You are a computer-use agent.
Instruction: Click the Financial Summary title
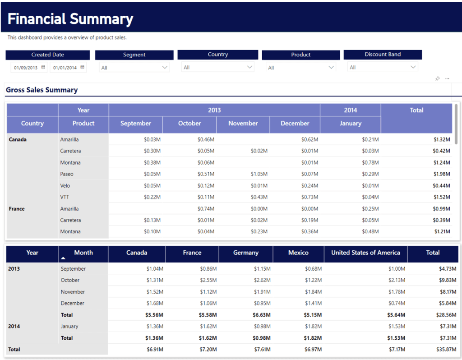point(70,19)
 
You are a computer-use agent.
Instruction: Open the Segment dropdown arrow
point(165,68)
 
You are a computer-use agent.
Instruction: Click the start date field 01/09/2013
point(26,68)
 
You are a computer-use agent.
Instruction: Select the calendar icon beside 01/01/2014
point(82,68)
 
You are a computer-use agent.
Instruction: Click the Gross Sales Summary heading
point(42,90)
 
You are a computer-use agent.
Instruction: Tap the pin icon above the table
point(437,78)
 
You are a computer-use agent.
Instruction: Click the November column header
point(243,123)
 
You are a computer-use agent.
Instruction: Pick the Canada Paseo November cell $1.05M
point(259,174)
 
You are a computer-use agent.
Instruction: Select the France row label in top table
point(17,209)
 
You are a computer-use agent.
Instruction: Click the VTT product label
point(65,197)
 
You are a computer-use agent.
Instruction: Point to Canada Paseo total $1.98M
point(441,174)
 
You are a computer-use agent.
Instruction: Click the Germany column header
point(245,253)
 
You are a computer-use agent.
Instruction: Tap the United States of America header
point(365,253)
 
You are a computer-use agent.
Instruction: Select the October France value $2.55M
point(208,280)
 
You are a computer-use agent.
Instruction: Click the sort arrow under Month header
point(64,258)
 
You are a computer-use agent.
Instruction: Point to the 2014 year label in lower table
point(14,326)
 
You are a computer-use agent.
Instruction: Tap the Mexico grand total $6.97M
point(312,350)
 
